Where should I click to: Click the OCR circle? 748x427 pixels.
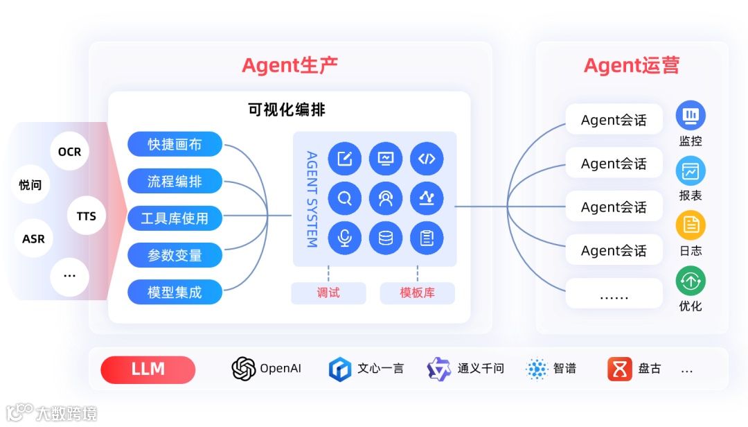[x=69, y=151]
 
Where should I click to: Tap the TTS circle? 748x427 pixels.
[x=87, y=216]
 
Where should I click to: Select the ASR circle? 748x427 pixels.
[x=33, y=238]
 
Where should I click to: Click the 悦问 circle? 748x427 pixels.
[x=30, y=184]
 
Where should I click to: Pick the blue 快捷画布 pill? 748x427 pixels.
[x=175, y=144]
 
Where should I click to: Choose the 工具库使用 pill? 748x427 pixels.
[x=175, y=218]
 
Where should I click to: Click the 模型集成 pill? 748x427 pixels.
[x=175, y=292]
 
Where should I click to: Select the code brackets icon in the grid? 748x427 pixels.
[x=427, y=159]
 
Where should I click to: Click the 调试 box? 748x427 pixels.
[x=328, y=293]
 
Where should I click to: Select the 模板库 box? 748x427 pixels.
[x=417, y=293]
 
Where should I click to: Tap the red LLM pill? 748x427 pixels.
[x=148, y=369]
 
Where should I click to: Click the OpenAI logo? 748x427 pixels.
[x=244, y=369]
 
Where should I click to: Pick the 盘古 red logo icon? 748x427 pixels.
[x=620, y=369]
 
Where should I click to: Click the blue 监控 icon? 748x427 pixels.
[x=691, y=115]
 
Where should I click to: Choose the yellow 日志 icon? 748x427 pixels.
[x=691, y=225]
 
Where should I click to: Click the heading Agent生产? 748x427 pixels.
[x=290, y=66]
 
